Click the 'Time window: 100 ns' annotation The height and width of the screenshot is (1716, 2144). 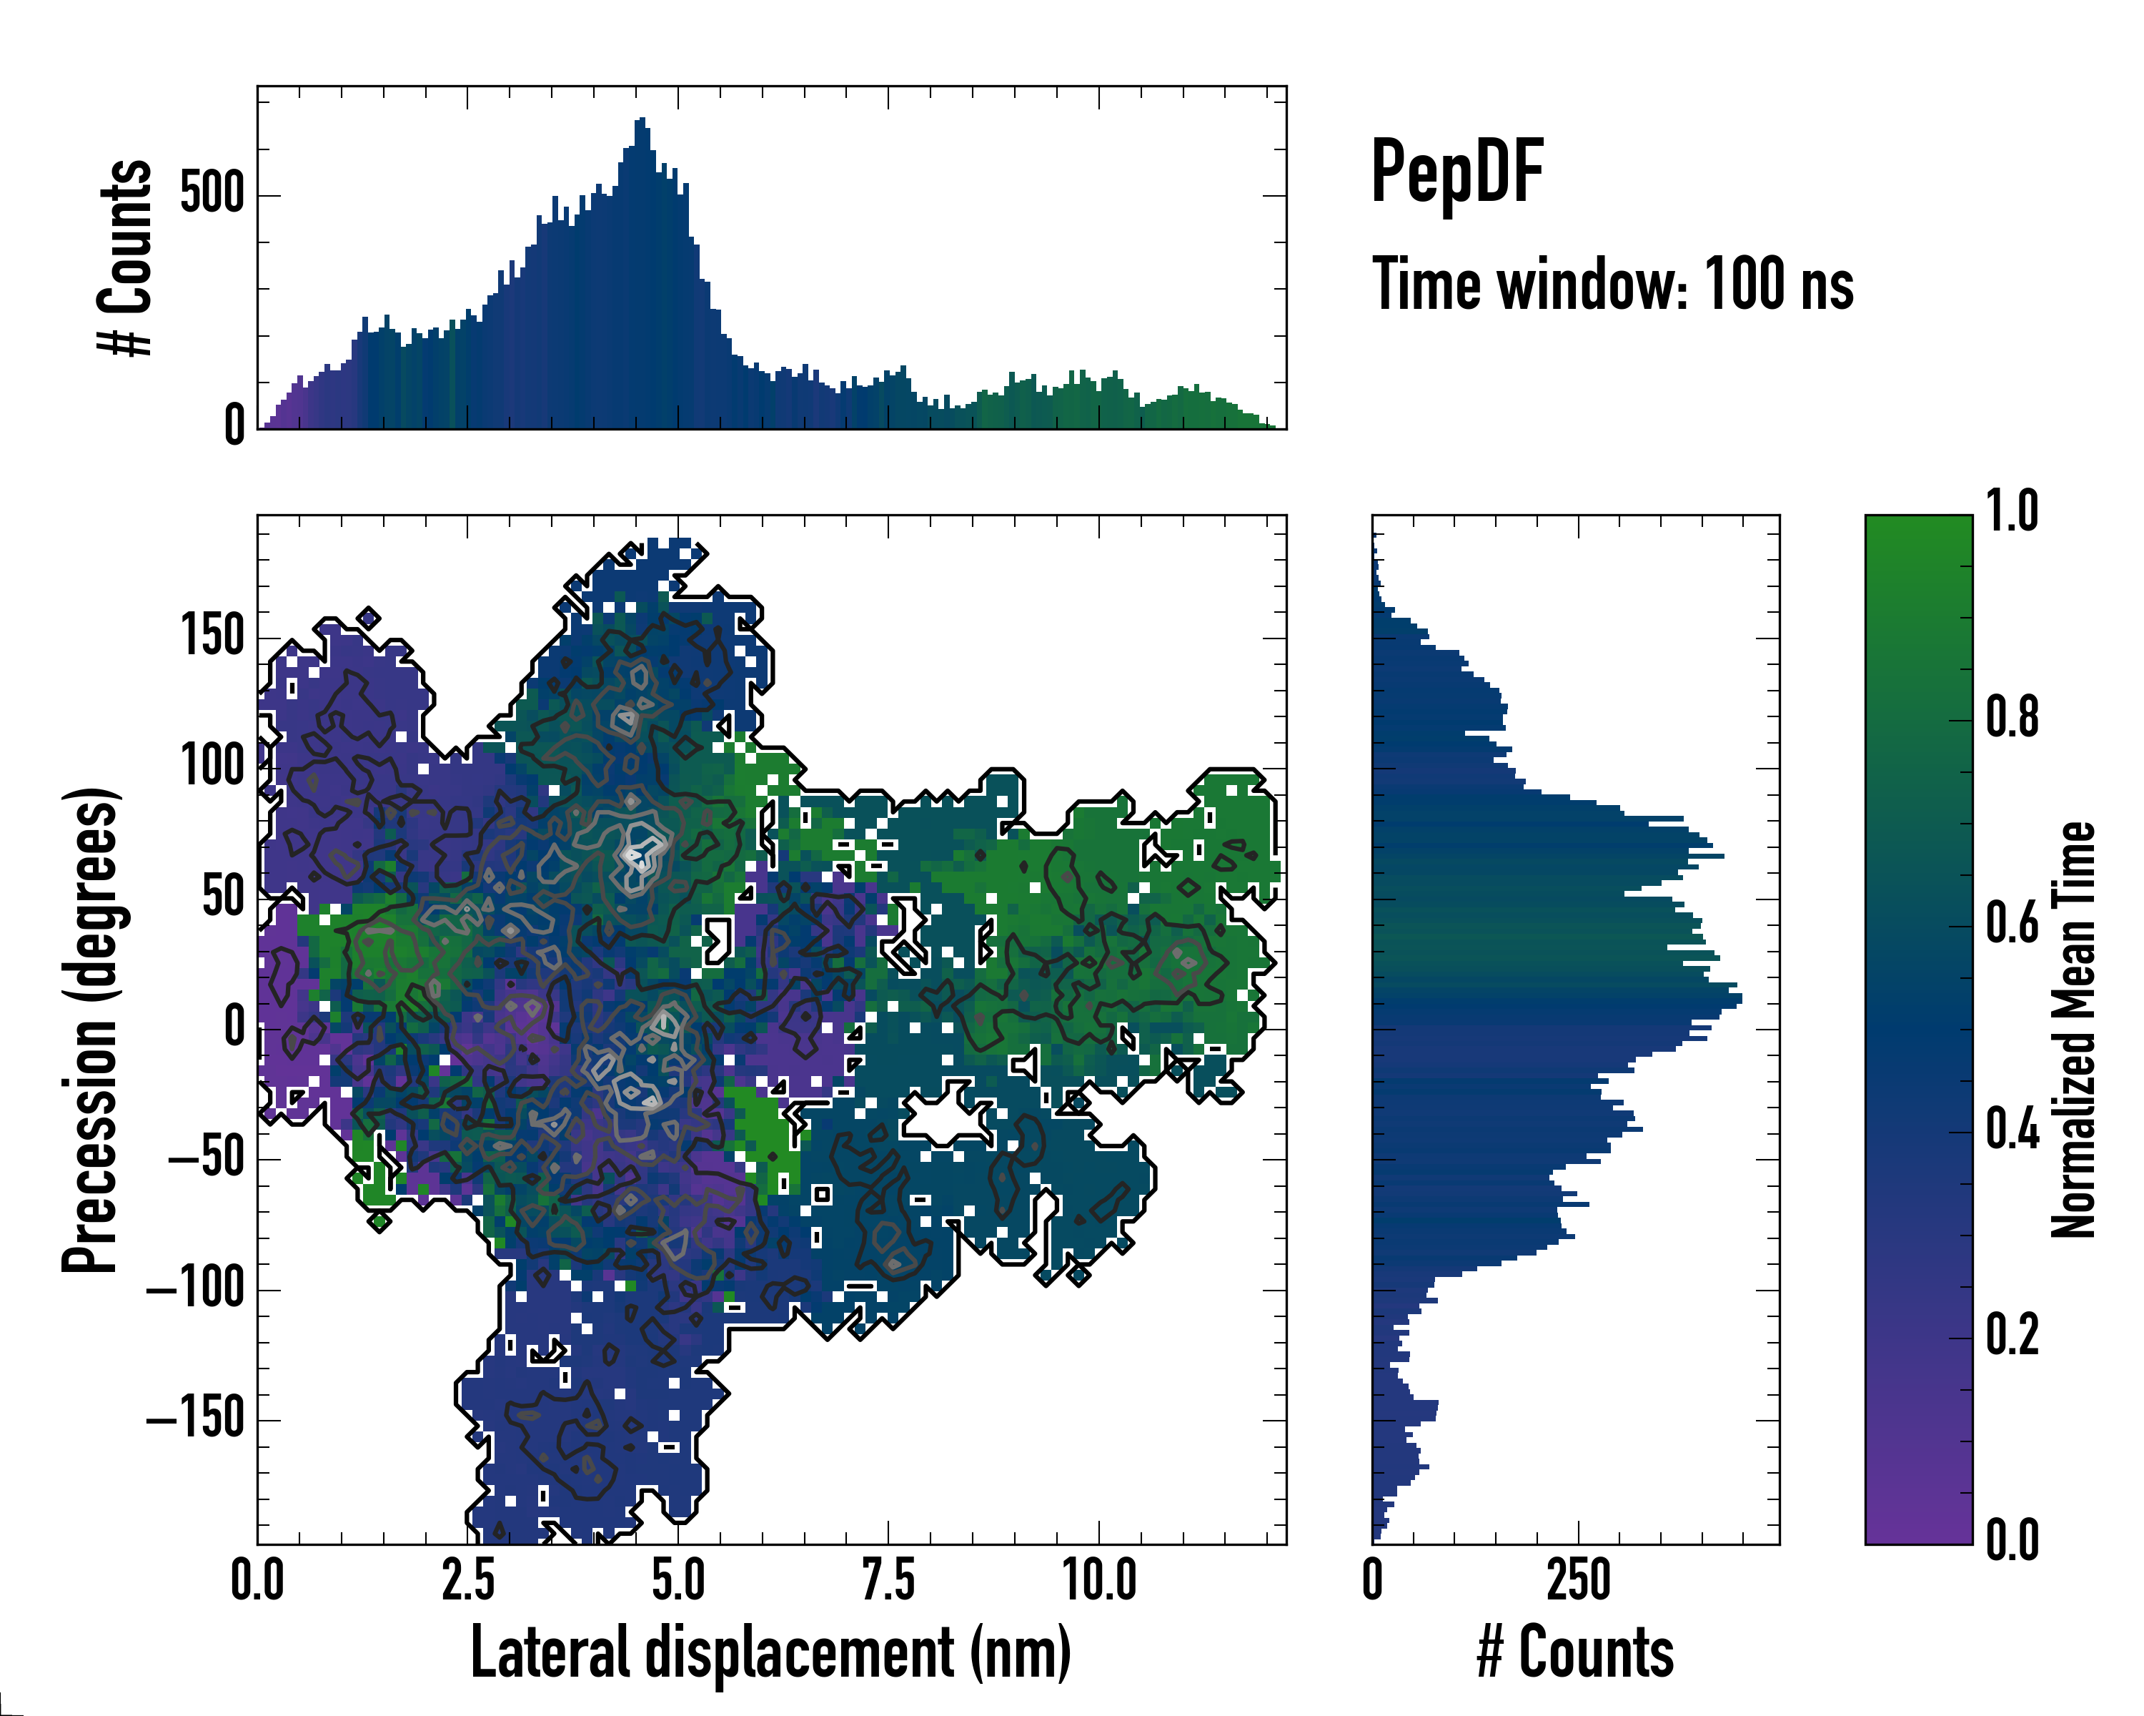1612,285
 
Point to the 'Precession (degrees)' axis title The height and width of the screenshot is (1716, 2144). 91,1030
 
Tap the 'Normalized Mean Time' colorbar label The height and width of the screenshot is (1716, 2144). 2073,1030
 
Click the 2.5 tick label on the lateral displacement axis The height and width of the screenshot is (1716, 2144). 467,1579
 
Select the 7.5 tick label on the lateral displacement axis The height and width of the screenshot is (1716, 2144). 888,1579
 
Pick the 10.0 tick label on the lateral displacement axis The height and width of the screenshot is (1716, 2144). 1099,1579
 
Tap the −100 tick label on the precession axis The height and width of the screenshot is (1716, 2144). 196,1289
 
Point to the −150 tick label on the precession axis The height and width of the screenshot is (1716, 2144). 196,1419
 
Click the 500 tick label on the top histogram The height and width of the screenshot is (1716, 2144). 213,193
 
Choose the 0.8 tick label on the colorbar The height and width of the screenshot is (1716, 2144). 2012,719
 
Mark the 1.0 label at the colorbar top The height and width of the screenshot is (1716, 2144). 2012,513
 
